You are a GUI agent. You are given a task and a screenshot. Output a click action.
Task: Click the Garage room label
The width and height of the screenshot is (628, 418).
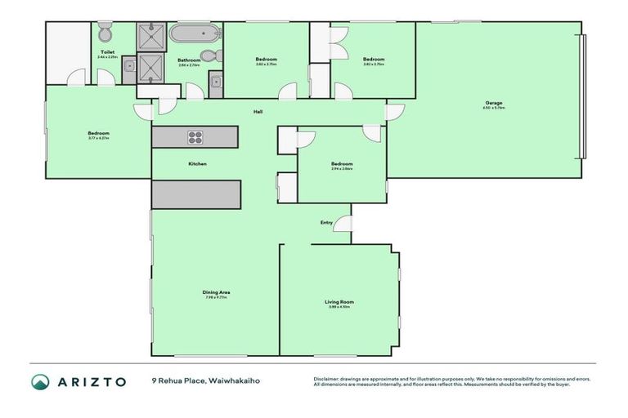click(x=492, y=103)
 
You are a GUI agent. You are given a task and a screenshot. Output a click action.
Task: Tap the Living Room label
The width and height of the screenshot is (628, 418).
click(x=339, y=302)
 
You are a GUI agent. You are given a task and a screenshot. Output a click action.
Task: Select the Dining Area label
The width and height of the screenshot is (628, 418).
click(x=216, y=292)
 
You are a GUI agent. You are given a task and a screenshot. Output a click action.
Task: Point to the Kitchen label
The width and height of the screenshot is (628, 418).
click(x=197, y=164)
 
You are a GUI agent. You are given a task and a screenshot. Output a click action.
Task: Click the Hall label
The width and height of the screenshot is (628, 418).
click(x=257, y=112)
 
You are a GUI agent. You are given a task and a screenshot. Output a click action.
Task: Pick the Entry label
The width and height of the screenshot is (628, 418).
click(x=326, y=222)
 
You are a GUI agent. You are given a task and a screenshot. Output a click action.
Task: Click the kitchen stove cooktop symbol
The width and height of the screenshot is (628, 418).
click(x=196, y=136)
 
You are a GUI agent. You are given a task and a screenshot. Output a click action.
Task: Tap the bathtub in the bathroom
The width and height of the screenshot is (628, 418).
click(x=195, y=35)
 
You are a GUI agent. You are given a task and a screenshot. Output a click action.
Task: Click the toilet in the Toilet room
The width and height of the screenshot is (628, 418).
click(x=104, y=34)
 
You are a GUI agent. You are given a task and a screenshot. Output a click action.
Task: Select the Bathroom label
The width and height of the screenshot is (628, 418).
click(x=189, y=60)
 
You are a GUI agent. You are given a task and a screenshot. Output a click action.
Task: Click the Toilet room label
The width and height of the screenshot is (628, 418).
click(x=107, y=51)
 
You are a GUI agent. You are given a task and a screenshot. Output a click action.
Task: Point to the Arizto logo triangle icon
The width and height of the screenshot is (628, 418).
click(x=40, y=382)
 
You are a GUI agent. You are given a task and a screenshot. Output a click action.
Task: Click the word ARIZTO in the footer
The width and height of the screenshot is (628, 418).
click(x=92, y=382)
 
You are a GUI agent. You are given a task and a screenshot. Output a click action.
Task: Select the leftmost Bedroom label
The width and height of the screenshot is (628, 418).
click(x=98, y=133)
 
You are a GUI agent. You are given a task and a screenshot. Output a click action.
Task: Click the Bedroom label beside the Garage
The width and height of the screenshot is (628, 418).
click(x=374, y=59)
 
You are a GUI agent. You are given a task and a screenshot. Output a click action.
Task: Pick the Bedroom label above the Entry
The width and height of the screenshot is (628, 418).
click(x=342, y=163)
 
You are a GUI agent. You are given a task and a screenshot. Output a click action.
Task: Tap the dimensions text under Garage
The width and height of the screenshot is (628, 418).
click(x=492, y=109)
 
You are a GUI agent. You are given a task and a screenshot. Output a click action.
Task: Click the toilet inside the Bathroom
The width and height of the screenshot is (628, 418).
click(x=209, y=56)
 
